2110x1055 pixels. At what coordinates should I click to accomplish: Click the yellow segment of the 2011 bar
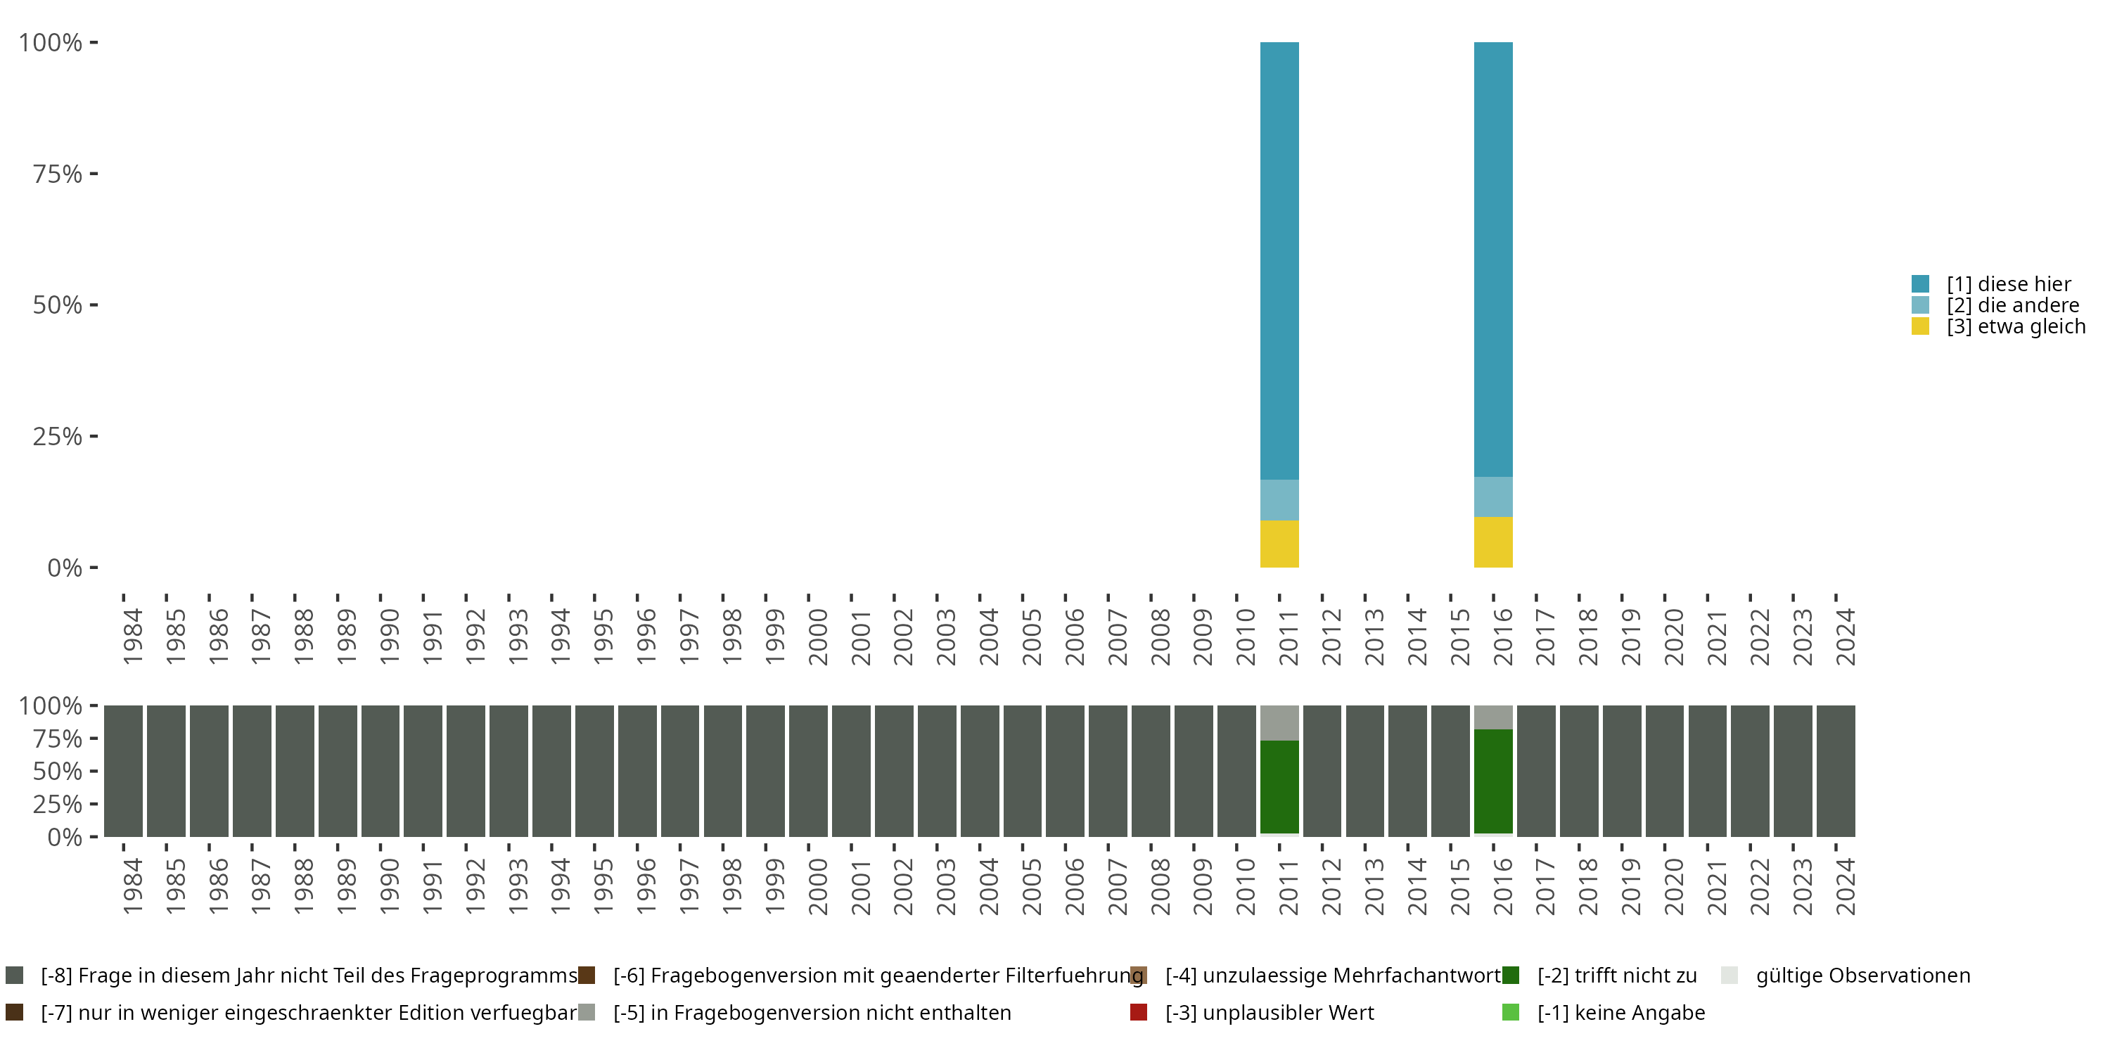(x=1279, y=544)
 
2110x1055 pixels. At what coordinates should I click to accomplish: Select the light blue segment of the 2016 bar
(x=1492, y=497)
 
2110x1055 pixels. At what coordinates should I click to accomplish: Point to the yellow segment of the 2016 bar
(x=1492, y=542)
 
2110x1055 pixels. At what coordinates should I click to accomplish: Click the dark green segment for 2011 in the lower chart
(x=1279, y=786)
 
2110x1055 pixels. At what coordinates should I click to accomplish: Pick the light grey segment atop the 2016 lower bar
(x=1492, y=717)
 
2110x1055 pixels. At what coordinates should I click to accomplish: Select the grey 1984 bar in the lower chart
(x=123, y=771)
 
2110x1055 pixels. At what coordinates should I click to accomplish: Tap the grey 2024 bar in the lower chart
(x=1835, y=771)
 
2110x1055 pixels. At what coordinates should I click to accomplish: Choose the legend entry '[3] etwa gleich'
(x=2015, y=327)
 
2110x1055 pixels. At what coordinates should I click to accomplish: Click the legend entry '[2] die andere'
(x=2012, y=305)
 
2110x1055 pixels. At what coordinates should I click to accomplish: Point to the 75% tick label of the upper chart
(x=58, y=174)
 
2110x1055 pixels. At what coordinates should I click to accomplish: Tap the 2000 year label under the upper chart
(x=817, y=637)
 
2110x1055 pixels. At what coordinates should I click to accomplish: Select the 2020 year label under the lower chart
(x=1673, y=886)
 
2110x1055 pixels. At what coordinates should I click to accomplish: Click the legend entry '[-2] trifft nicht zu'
(x=1616, y=976)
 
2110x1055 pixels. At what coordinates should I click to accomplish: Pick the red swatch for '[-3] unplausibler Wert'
(x=1139, y=1012)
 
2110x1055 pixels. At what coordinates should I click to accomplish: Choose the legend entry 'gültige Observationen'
(x=1862, y=976)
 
